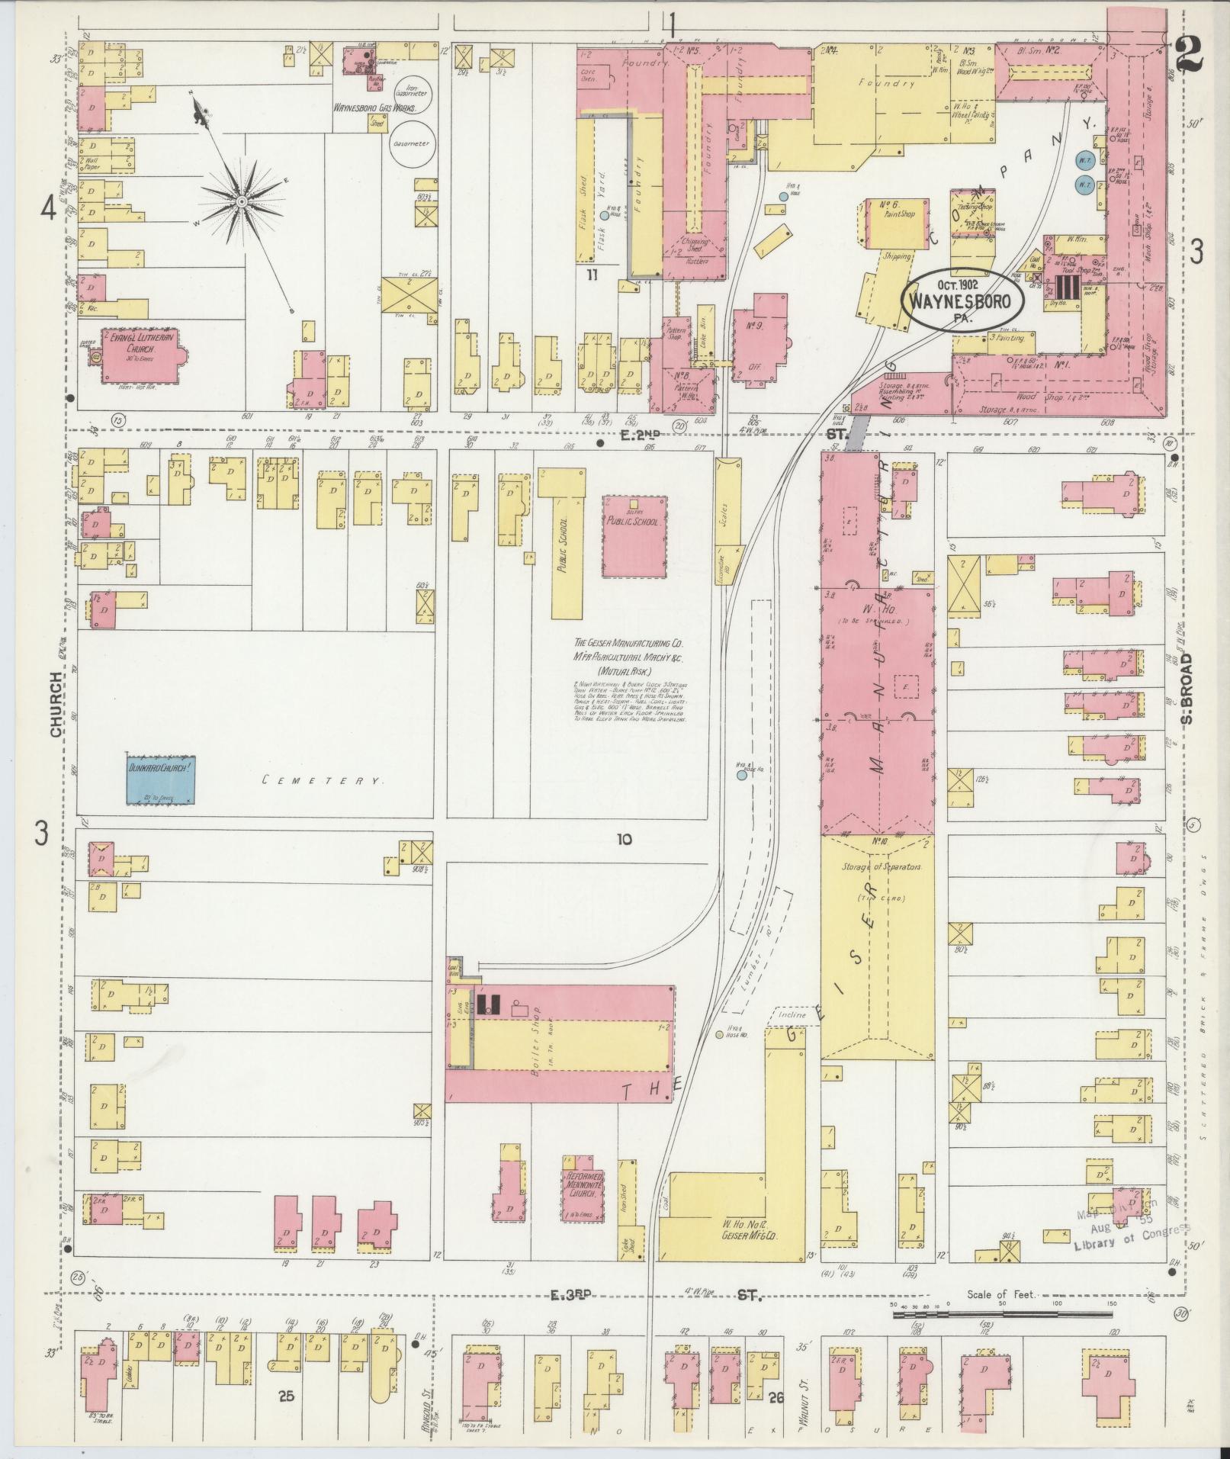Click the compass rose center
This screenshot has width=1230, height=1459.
click(241, 201)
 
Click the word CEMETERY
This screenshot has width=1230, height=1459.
click(321, 780)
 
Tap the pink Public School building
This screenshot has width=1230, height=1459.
click(634, 536)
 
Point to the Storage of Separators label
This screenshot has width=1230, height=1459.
click(878, 868)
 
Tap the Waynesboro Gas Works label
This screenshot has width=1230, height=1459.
click(374, 108)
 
